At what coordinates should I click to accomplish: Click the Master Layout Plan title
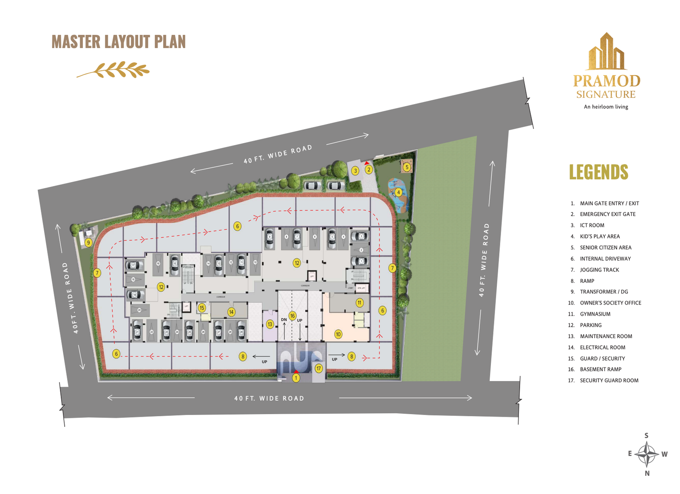tap(119, 42)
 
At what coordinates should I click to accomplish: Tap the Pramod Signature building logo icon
tap(606, 52)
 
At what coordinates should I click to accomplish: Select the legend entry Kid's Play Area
tap(600, 236)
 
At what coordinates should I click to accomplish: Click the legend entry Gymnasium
tap(595, 314)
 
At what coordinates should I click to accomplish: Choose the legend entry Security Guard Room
tap(609, 380)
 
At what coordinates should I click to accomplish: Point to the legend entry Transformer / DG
tap(603, 291)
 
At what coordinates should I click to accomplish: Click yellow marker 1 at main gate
tap(296, 378)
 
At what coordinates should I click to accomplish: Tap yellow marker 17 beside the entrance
tap(319, 369)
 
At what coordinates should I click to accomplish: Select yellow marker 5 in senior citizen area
tap(407, 167)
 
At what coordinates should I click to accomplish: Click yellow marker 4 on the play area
tap(398, 192)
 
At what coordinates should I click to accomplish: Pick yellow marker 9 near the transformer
tap(88, 243)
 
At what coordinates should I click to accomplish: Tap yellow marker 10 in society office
tap(338, 334)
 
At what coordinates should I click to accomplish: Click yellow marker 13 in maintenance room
tap(270, 325)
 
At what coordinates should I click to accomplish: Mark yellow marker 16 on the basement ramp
tap(292, 316)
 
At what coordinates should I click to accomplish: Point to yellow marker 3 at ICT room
tap(355, 171)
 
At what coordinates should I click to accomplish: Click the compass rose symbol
tap(646, 454)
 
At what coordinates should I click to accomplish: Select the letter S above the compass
tap(646, 435)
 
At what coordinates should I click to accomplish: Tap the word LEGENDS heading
tap(598, 172)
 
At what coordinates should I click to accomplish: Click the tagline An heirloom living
tap(606, 107)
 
